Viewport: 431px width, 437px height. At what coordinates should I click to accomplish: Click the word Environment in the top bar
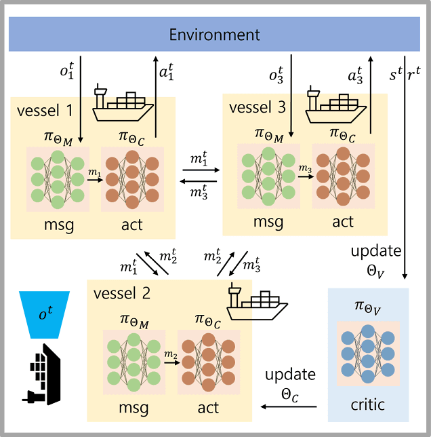click(214, 35)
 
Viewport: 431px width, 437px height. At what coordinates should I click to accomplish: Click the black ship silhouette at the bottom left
click(42, 377)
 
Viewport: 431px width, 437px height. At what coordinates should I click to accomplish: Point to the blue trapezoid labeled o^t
click(44, 314)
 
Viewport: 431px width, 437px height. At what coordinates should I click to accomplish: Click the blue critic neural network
click(368, 350)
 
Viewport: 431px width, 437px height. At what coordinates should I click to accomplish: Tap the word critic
click(368, 405)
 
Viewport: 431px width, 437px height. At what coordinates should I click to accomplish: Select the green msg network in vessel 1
click(58, 179)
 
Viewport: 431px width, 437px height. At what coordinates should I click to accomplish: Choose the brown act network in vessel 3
click(343, 179)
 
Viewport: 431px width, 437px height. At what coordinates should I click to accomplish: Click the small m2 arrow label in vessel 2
click(170, 357)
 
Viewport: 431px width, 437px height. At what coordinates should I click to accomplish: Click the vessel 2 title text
click(123, 294)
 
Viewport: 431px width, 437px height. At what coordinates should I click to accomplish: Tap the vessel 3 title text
click(257, 107)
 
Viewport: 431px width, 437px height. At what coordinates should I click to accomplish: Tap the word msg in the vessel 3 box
click(268, 221)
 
